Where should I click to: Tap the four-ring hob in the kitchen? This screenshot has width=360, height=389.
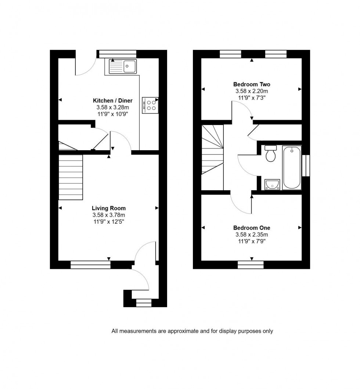(150, 105)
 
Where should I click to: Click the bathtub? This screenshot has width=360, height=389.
(292, 168)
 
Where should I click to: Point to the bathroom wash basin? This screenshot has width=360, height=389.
(272, 184)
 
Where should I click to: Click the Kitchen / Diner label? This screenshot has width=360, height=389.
(112, 101)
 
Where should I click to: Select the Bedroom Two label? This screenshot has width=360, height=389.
(252, 84)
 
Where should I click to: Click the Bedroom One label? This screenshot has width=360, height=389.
(252, 228)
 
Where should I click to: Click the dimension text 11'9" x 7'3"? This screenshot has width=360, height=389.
(252, 98)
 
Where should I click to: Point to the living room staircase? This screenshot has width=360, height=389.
(71, 177)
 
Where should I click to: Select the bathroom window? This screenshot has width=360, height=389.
(305, 166)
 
